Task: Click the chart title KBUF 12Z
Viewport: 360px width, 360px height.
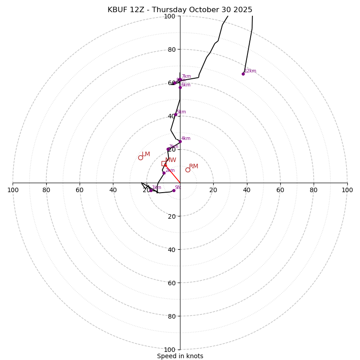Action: [180, 10]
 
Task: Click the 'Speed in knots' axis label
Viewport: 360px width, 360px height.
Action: [180, 356]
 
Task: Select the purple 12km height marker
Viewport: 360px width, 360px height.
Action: [243, 74]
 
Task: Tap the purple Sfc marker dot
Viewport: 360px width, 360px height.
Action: [174, 190]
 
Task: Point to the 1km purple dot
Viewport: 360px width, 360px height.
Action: [151, 190]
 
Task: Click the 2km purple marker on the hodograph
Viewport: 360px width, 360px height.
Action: [164, 173]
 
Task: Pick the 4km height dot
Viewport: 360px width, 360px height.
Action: [180, 141]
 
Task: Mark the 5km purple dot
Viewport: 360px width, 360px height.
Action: [175, 115]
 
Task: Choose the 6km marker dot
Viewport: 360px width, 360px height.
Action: [180, 87]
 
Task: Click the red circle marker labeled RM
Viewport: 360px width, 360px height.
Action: [188, 170]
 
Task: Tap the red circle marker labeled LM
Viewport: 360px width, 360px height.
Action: [140, 157]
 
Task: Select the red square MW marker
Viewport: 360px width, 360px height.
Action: [164, 163]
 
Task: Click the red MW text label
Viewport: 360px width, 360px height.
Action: [171, 160]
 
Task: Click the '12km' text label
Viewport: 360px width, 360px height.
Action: [250, 71]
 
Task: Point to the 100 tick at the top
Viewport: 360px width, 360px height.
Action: [170, 16]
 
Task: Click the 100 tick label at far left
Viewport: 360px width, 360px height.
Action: [13, 190]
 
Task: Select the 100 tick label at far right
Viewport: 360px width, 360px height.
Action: [347, 190]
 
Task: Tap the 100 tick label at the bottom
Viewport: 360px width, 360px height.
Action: [170, 349]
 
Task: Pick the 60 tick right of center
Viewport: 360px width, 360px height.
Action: [280, 190]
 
